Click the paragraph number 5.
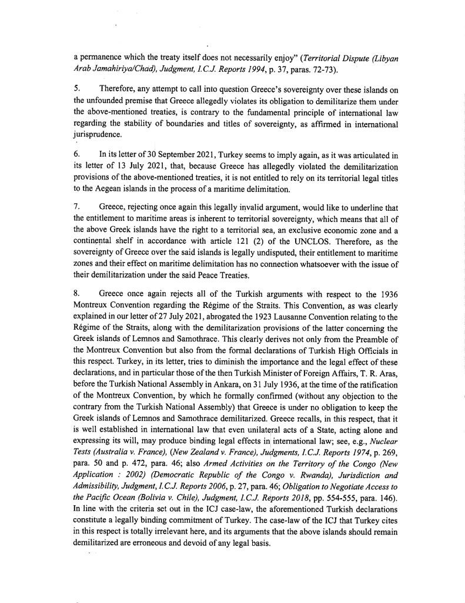(76, 88)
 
